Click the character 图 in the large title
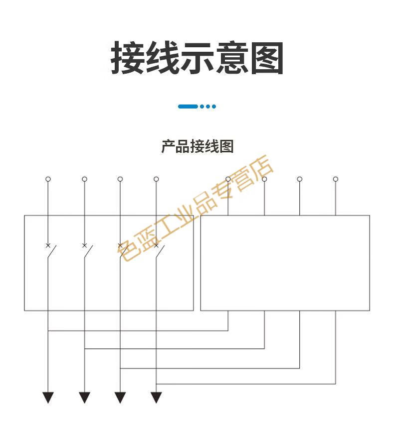coord(267,59)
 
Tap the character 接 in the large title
coord(128,59)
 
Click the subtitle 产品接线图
coord(197,146)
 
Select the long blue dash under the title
coord(188,106)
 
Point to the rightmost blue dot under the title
coord(214,106)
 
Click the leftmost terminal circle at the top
coord(48,179)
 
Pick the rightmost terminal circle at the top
coord(336,179)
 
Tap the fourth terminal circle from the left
coord(156,179)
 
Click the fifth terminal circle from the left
coord(228,179)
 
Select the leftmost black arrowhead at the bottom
coord(48,397)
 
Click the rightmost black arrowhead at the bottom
coord(156,397)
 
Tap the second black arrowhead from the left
coord(84,397)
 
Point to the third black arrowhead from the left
coord(120,397)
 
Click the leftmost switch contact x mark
coord(48,245)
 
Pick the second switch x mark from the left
coord(84,245)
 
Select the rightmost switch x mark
coord(156,245)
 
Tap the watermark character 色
coord(129,249)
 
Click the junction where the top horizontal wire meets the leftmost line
coord(48,330)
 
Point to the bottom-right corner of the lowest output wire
coord(336,384)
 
